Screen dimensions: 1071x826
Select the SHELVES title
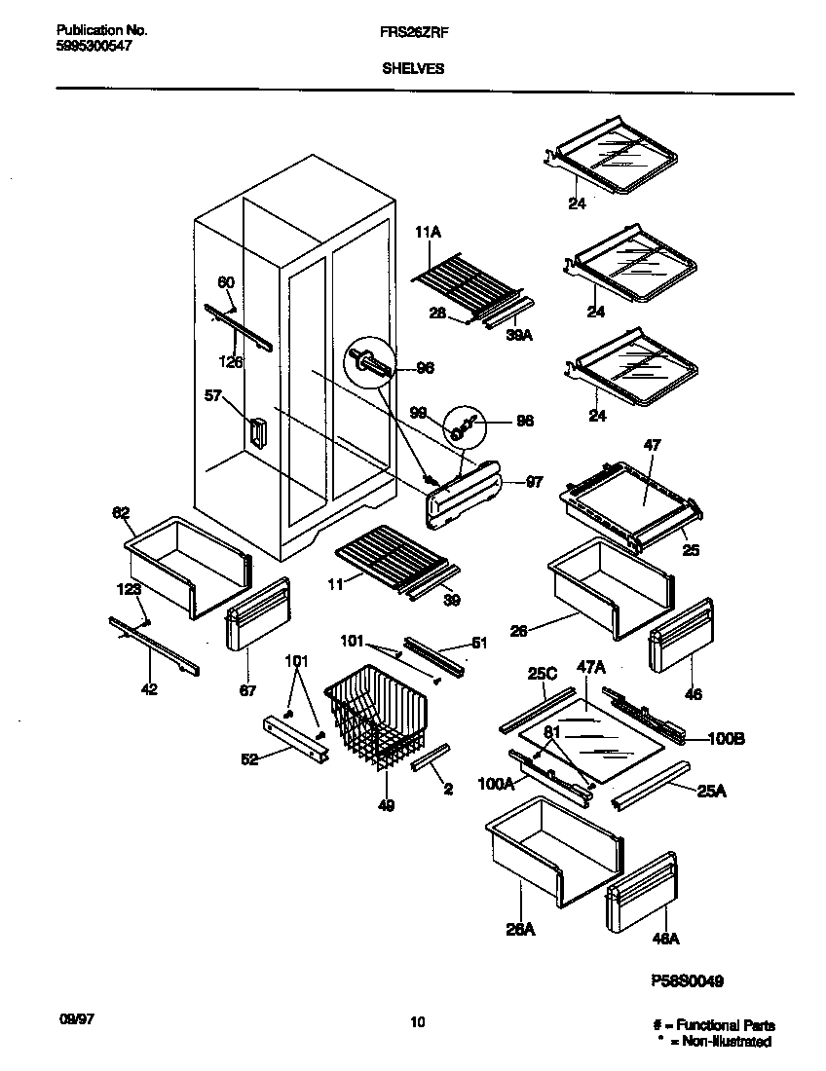[x=413, y=68]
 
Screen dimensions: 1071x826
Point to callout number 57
[x=213, y=396]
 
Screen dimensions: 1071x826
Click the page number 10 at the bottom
[x=417, y=1022]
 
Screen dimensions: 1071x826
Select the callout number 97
[x=534, y=482]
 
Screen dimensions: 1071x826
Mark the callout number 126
[x=231, y=361]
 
